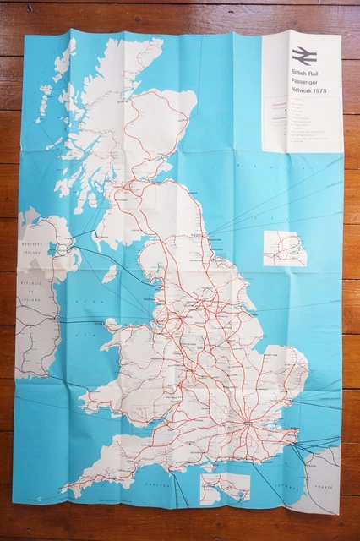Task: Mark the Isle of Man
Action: (110, 273)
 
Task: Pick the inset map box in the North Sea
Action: (284, 249)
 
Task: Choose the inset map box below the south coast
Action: (226, 487)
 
